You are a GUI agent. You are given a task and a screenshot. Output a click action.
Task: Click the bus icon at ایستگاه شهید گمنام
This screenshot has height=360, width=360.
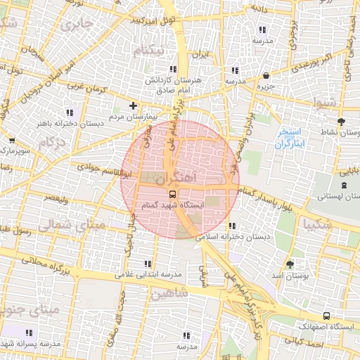(x=172, y=194)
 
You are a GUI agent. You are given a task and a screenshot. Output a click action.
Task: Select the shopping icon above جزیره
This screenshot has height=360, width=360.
(x=266, y=76)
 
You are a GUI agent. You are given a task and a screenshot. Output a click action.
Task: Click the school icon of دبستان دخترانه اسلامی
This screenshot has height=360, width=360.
(x=233, y=226)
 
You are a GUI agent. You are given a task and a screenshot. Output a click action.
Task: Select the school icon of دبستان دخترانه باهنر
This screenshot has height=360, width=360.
(x=69, y=112)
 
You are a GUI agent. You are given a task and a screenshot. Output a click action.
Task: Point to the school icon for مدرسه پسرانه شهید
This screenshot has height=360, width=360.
(x=30, y=333)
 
